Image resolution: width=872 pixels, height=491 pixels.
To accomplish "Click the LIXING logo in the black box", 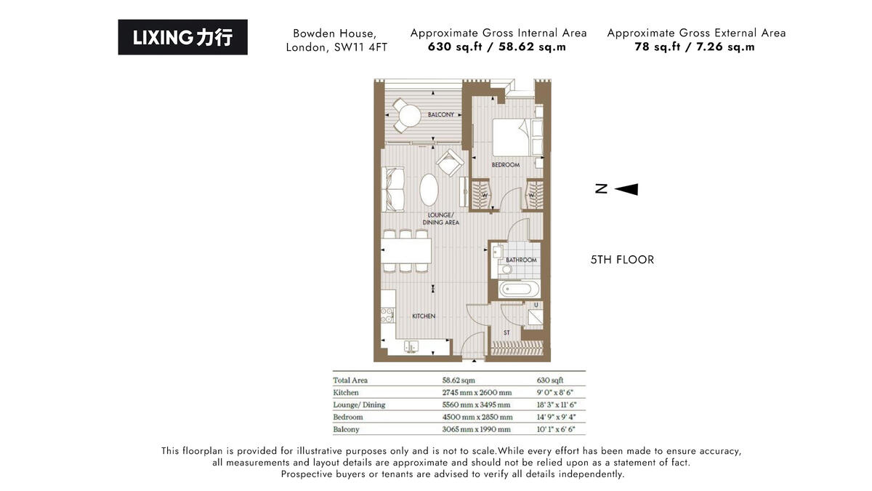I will (x=182, y=37).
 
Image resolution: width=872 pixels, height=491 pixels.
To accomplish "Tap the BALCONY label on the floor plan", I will (x=440, y=115).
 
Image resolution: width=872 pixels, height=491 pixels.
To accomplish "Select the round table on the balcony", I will (x=409, y=115).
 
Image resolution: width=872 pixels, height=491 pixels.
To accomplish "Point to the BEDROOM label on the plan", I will (x=505, y=165).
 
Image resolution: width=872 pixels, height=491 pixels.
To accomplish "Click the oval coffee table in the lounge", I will (x=429, y=191).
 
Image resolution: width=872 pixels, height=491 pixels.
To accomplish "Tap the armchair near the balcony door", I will (x=450, y=163).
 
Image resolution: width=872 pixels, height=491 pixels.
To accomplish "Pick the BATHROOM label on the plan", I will (x=521, y=260).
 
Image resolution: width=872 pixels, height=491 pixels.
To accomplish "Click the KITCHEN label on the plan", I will (x=424, y=316).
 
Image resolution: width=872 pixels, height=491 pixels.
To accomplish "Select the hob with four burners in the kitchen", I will (x=387, y=315).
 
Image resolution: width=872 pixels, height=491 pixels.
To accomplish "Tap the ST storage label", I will (x=506, y=333).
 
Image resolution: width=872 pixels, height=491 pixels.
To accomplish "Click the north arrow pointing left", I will (x=626, y=189).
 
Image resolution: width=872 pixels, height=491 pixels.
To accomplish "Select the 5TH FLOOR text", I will (x=622, y=260).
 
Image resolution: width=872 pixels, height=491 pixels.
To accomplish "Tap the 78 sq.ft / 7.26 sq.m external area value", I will (x=695, y=47).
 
